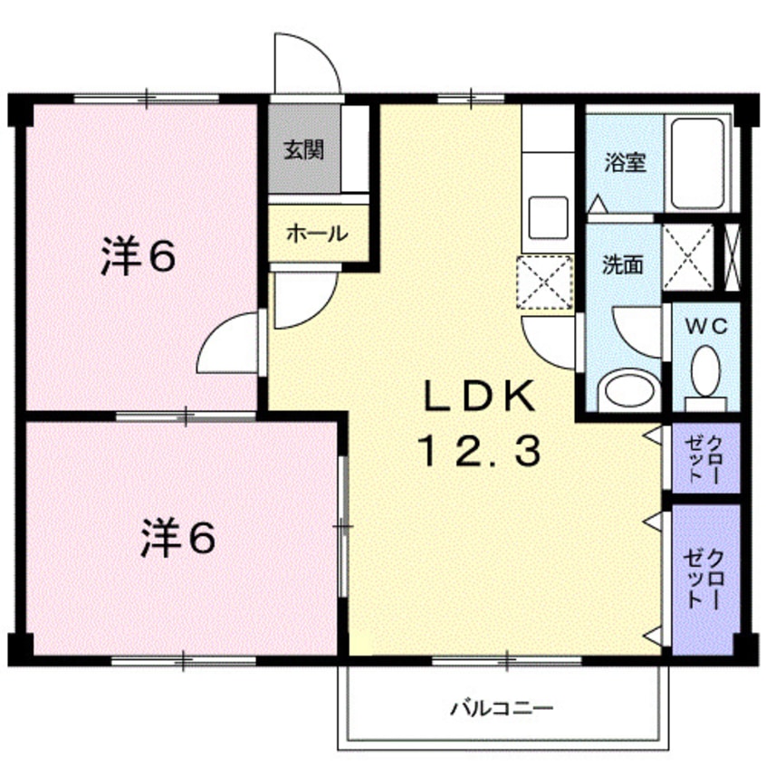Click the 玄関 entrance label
pos(304,150)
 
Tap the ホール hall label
pos(317,234)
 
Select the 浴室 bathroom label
pos(626,162)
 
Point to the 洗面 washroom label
pos(622,264)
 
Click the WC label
pos(706,326)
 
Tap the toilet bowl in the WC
pos(705,370)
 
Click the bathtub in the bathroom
pos(697,164)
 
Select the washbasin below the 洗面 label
pos(628,390)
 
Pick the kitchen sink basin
pos(548,217)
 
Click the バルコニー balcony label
pos(502,708)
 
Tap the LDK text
pos(479,396)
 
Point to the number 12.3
pos(479,451)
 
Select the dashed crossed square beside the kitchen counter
pos(545,282)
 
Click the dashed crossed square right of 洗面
pos(688,256)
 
